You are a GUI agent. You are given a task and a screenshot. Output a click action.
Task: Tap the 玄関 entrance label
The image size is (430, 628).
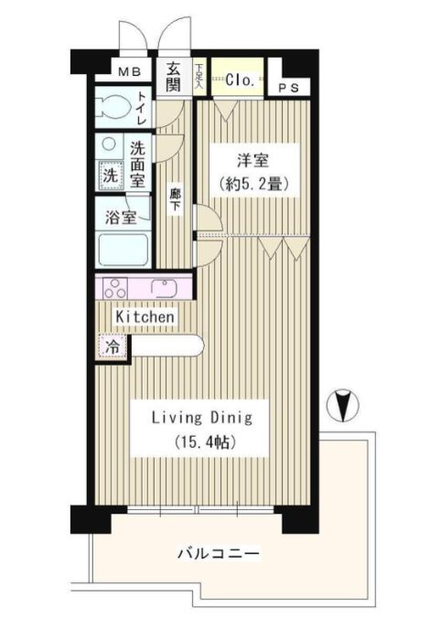coord(174,76)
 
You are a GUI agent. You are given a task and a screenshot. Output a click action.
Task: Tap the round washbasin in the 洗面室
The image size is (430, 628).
coord(108,144)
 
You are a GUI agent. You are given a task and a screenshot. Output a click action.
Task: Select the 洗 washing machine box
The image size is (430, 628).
coord(108,174)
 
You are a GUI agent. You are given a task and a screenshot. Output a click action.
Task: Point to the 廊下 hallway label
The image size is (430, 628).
coord(174,200)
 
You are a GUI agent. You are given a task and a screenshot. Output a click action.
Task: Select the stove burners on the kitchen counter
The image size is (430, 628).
coord(116,288)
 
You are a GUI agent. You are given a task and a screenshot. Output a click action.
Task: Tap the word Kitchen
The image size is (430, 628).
coord(145,316)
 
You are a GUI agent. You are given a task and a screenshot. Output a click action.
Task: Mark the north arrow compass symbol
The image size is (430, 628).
coord(347,403)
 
